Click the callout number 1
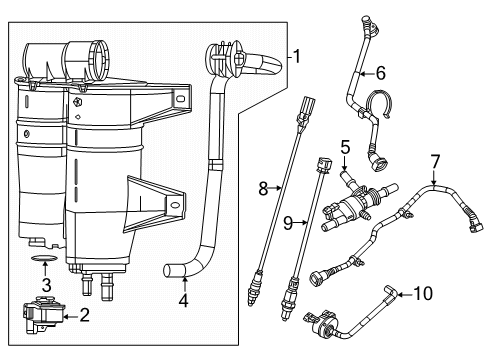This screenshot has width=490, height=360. point(293,56)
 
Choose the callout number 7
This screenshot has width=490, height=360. point(434,160)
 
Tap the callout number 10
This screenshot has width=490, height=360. point(424,293)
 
